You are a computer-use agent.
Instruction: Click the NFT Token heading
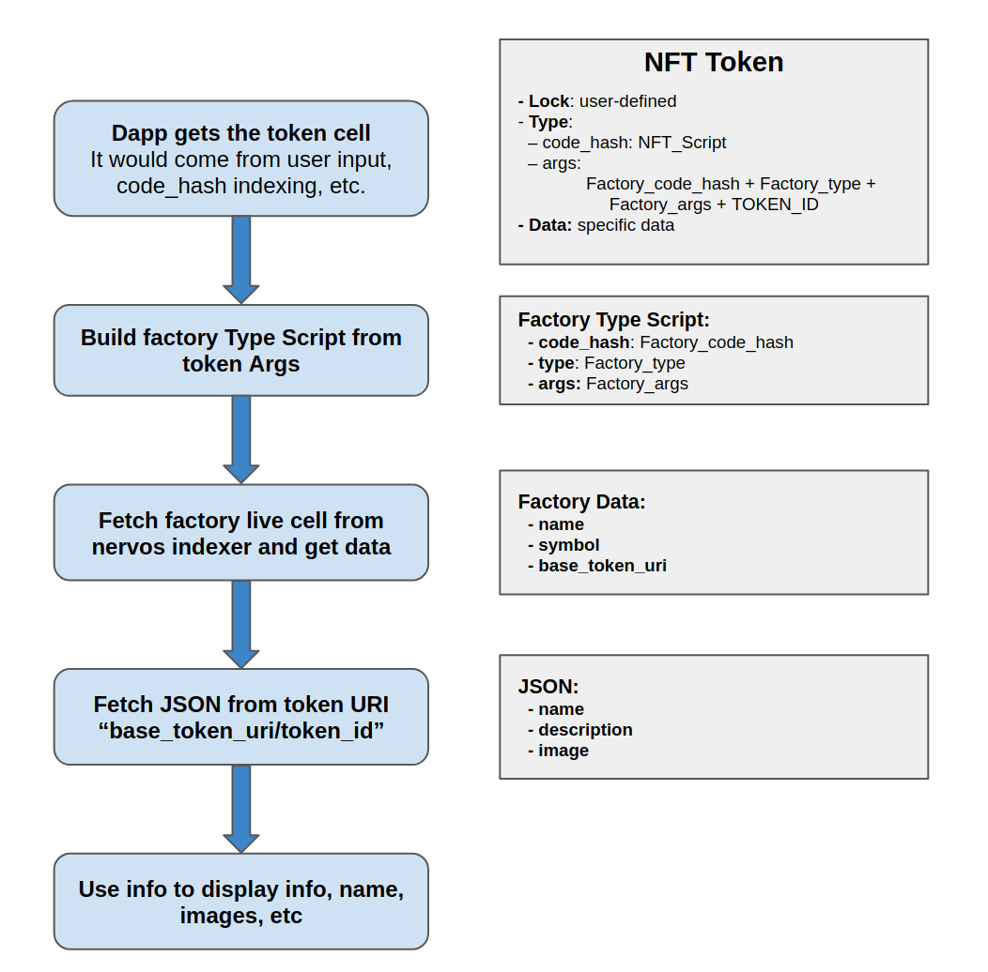(713, 63)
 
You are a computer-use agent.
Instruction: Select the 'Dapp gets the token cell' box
(240, 159)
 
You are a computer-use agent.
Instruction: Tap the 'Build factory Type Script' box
(240, 350)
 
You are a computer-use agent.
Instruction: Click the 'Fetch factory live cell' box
(240, 532)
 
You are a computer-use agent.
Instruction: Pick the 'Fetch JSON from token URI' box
(240, 717)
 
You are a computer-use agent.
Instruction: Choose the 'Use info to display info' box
(240, 901)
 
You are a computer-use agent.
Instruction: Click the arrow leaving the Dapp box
(240, 259)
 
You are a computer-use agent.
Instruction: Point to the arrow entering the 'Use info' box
(240, 808)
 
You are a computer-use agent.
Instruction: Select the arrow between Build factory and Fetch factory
(240, 439)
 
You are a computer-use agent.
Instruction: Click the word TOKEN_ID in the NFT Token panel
(775, 205)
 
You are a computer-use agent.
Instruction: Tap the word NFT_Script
(682, 143)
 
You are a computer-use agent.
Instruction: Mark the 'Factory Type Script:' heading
(614, 320)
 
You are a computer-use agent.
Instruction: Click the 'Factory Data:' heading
(582, 502)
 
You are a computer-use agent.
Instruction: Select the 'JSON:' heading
(548, 687)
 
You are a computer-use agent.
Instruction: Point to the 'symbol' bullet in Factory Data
(569, 545)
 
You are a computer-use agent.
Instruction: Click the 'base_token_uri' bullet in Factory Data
(602, 566)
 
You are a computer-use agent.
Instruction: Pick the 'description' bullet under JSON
(585, 730)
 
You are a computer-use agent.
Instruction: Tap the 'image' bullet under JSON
(563, 751)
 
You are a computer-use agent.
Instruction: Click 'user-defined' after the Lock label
(627, 101)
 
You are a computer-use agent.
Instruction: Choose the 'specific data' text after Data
(625, 225)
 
